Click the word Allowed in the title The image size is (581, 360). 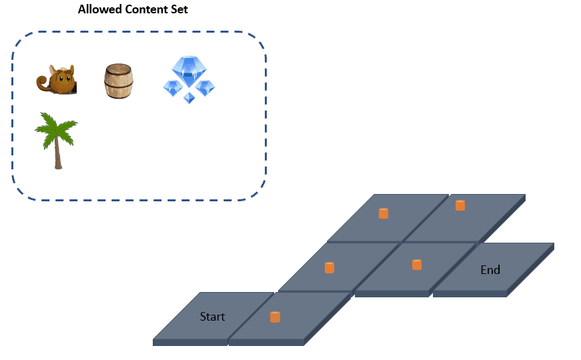pos(99,9)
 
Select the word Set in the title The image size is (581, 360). pos(179,9)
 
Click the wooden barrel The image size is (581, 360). pos(119,81)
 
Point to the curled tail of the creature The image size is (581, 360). pos(42,83)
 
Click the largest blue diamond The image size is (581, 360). pos(189,71)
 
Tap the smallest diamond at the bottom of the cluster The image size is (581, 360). pos(189,98)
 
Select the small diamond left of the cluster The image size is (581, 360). pos(173,88)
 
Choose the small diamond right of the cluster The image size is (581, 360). pos(205,88)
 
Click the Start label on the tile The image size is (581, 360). pos(212,317)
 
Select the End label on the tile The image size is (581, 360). pos(490,269)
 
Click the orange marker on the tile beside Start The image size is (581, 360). pos(275,317)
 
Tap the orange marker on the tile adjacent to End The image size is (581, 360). pos(417,265)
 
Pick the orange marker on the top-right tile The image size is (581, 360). pos(460,205)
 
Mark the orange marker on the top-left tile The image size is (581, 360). pos(384,213)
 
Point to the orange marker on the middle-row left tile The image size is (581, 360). pos(330,267)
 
